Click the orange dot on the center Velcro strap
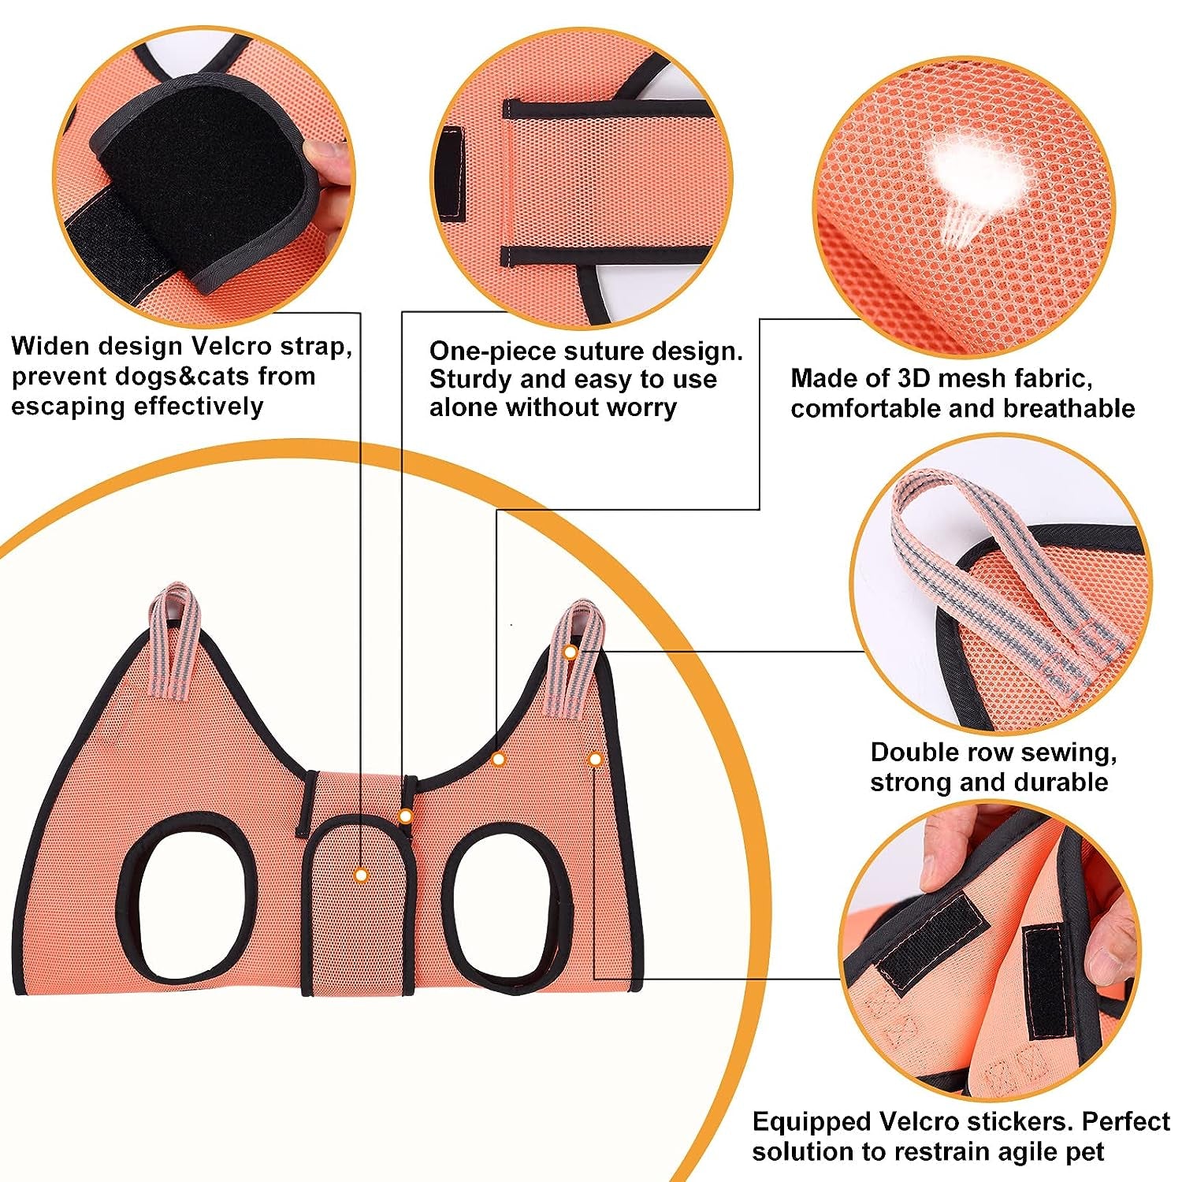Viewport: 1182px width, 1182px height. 361,875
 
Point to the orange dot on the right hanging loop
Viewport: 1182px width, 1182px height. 570,652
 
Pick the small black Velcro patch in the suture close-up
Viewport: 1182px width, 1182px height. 452,170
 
